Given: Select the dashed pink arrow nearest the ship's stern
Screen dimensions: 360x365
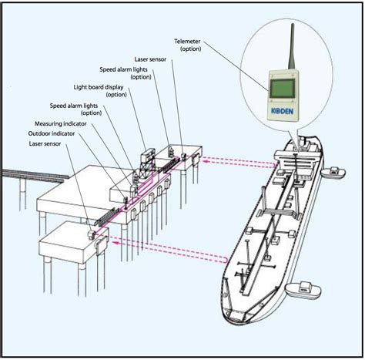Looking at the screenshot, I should pos(239,163).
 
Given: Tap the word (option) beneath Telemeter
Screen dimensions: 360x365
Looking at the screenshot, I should pos(190,49).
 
